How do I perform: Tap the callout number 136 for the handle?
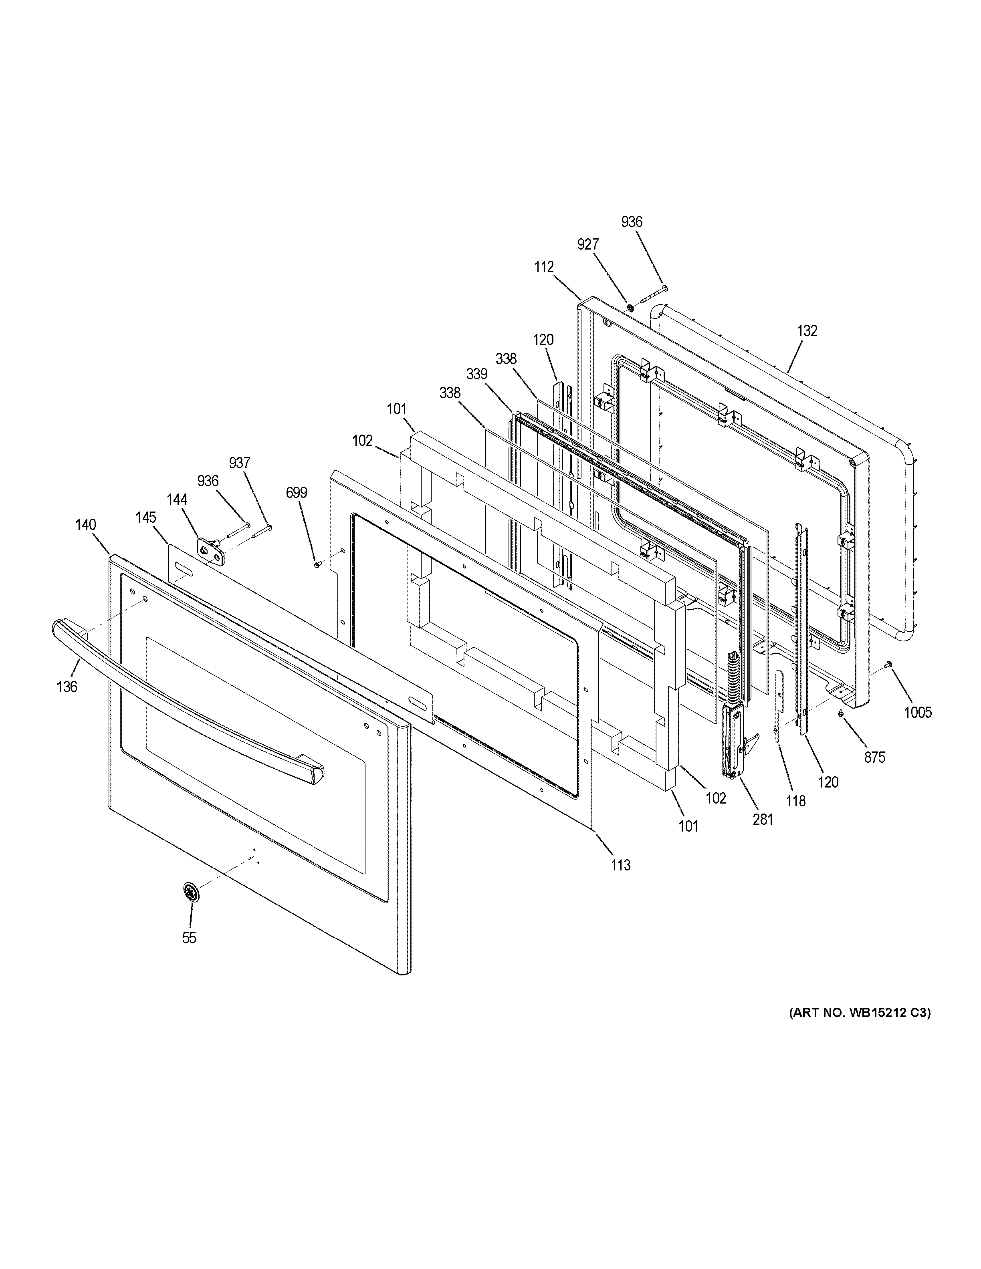click(x=67, y=687)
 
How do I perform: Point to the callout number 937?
click(x=239, y=463)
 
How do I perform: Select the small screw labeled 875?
click(x=841, y=713)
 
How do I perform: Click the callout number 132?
click(x=807, y=330)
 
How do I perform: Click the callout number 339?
click(x=476, y=375)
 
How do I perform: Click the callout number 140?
click(x=85, y=525)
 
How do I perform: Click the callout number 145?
click(x=146, y=517)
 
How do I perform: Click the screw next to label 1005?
click(x=888, y=665)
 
